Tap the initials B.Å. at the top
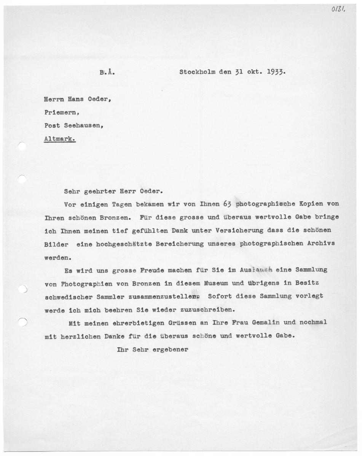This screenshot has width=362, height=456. pos(108,72)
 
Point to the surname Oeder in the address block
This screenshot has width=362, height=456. pos(100,99)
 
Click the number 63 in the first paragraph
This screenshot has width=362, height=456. pos(227,203)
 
